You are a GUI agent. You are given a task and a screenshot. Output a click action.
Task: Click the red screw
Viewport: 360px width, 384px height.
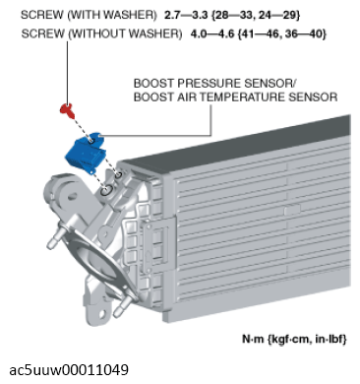[x=68, y=111]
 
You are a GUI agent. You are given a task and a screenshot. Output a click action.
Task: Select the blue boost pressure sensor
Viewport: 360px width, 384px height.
[x=86, y=152]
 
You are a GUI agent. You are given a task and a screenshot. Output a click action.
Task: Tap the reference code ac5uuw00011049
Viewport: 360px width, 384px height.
[x=69, y=370]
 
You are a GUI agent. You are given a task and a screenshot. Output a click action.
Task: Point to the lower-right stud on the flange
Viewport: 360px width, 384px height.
[x=122, y=307]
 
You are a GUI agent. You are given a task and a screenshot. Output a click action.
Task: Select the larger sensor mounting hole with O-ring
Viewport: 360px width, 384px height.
[x=106, y=190]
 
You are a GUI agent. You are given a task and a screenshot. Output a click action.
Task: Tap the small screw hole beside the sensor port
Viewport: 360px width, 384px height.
[x=118, y=174]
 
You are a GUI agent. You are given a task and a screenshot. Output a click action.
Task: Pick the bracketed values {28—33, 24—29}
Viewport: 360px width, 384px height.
[x=256, y=15]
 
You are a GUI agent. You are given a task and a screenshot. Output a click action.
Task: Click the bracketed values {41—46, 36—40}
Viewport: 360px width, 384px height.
[x=282, y=33]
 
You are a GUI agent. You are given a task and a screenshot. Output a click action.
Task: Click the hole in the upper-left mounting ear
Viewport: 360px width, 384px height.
[x=71, y=197]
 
